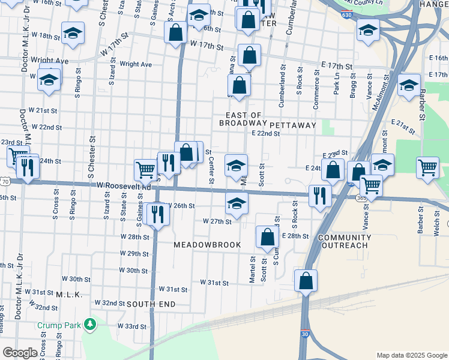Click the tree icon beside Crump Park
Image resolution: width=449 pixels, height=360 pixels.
pos(90,325)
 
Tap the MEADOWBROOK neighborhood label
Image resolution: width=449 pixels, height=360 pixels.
pos(207,245)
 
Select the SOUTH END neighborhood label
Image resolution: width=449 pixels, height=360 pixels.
pos(151,304)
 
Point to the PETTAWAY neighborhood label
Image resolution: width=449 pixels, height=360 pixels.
pos(292,125)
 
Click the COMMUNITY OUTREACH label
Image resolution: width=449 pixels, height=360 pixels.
pos(344,241)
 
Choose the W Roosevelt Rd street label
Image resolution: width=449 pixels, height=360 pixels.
pos(122,186)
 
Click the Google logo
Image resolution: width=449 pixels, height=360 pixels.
pos(20,353)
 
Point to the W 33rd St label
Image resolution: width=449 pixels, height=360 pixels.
pos(132,326)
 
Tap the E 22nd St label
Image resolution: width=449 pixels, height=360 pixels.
pos(266,134)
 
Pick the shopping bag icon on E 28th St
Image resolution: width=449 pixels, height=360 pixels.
pos(267,236)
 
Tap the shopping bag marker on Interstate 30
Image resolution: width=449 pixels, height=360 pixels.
pos(306,280)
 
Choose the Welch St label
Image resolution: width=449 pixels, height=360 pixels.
pos(436,226)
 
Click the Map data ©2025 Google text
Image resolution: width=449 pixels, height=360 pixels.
pos(411,355)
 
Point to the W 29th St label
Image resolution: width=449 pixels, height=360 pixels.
pos(134,254)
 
